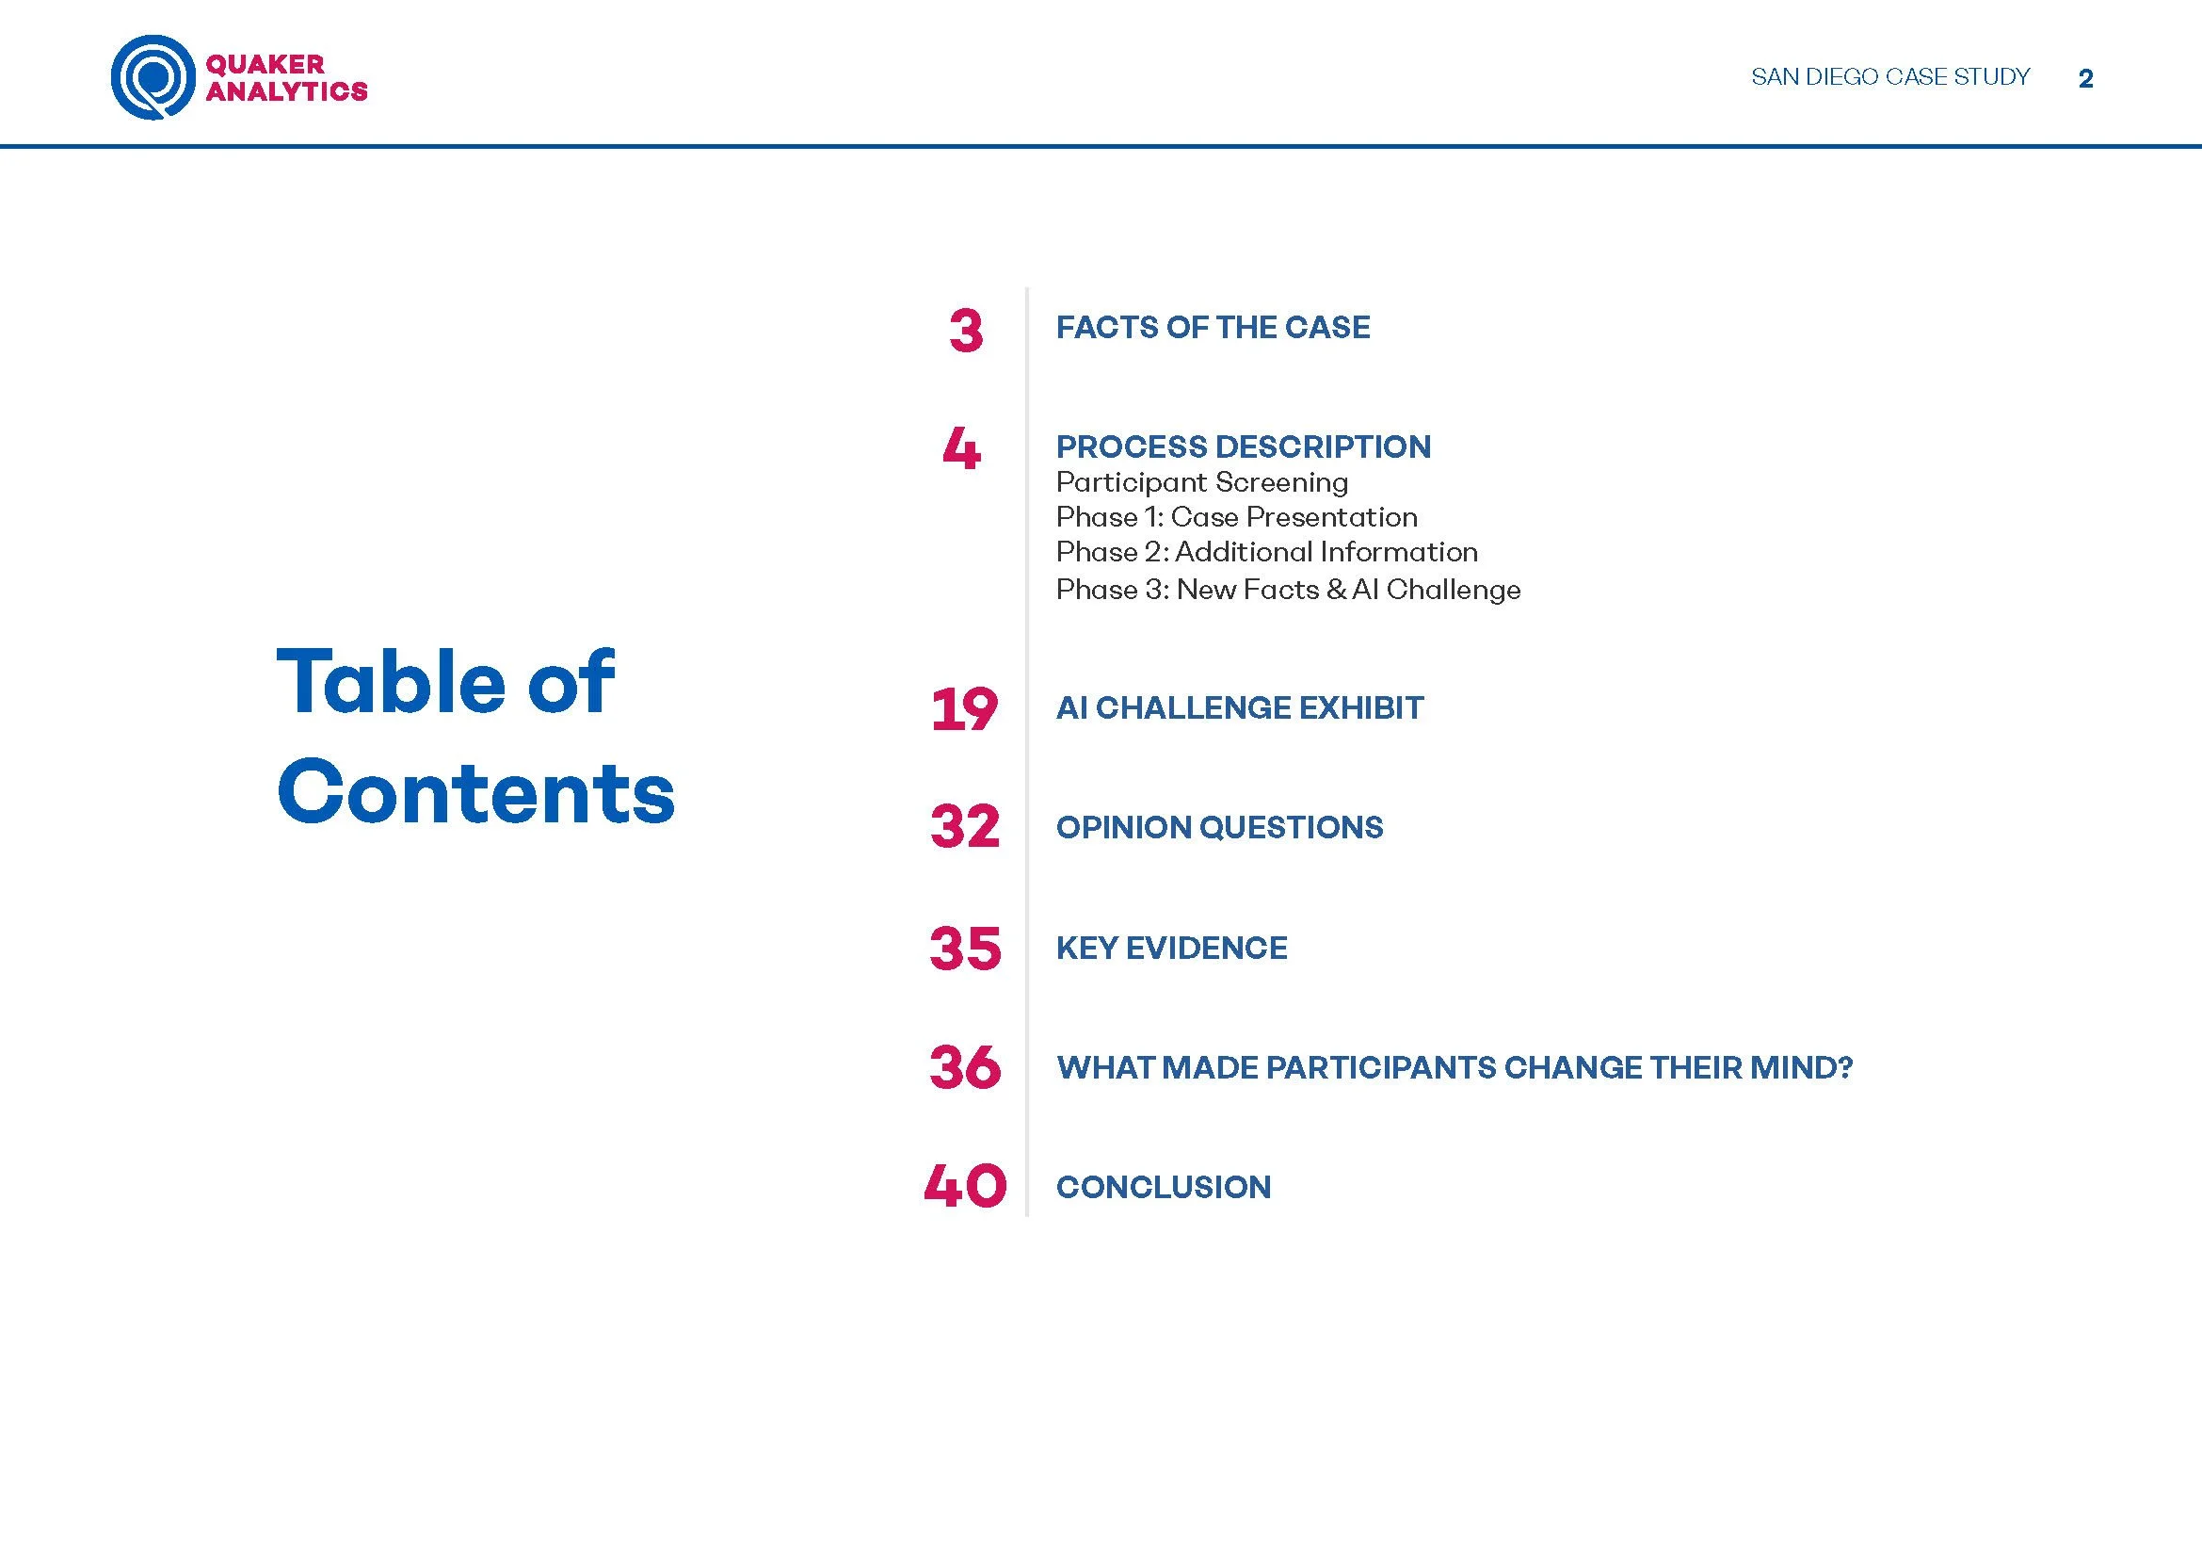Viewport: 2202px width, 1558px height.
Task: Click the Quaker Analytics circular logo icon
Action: pos(153,76)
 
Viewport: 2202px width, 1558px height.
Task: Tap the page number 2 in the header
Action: pos(2085,79)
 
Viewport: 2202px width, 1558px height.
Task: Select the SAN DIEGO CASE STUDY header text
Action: pos(1889,76)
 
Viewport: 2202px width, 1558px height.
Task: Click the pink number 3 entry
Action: pos(966,331)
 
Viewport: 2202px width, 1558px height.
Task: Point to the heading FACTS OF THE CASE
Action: pos(1213,327)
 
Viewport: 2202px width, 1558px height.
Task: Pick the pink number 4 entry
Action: pos(962,448)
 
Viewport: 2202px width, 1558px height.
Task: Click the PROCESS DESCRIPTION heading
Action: pos(1243,446)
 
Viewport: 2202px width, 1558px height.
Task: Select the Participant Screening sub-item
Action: pos(1201,481)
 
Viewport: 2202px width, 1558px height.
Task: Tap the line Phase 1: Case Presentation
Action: pos(1236,517)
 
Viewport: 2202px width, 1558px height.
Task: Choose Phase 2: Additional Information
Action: pos(1266,552)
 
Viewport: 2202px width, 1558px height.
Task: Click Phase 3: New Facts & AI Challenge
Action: pos(1288,589)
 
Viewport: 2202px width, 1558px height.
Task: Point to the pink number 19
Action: pos(964,710)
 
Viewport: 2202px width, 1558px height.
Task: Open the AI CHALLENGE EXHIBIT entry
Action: pos(1239,708)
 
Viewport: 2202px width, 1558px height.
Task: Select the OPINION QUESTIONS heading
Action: pos(1219,827)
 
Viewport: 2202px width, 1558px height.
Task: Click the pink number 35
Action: pos(965,948)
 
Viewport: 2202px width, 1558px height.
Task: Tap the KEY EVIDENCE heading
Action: pos(1171,948)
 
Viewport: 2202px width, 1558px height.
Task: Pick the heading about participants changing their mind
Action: pos(1454,1067)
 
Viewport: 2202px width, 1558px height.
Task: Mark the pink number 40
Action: pos(965,1186)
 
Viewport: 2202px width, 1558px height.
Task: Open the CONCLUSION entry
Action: pos(1164,1187)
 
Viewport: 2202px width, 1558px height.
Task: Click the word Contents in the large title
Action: pos(475,792)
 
